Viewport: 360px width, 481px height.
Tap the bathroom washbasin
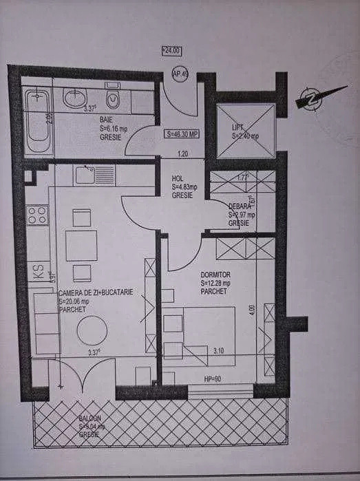(74, 98)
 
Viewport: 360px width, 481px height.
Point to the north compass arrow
(314, 98)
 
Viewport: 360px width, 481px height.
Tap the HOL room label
(178, 178)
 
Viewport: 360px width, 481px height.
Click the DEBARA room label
(240, 206)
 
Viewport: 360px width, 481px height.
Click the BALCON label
(89, 418)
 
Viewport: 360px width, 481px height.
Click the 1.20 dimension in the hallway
(182, 154)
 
